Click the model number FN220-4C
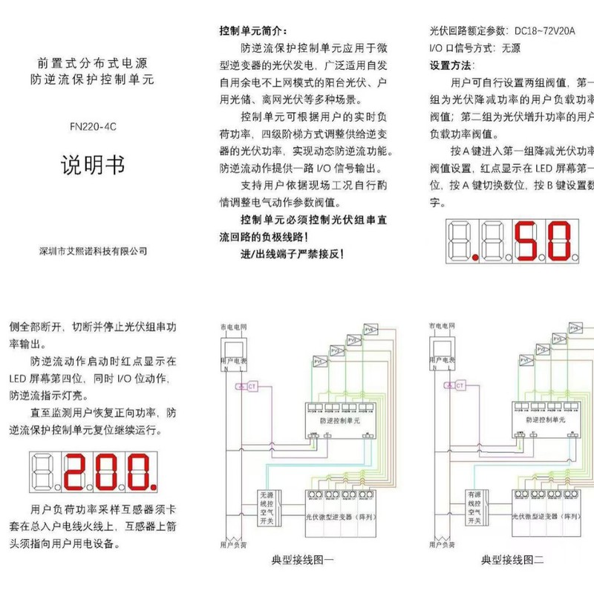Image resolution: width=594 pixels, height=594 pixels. coord(93,126)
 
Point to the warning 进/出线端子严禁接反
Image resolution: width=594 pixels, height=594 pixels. coord(292,254)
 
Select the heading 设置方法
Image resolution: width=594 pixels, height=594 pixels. coord(451,65)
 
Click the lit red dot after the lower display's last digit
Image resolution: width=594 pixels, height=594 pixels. coord(153,490)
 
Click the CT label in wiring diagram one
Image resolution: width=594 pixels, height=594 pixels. coord(252,386)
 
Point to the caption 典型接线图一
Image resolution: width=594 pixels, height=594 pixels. coord(304,561)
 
